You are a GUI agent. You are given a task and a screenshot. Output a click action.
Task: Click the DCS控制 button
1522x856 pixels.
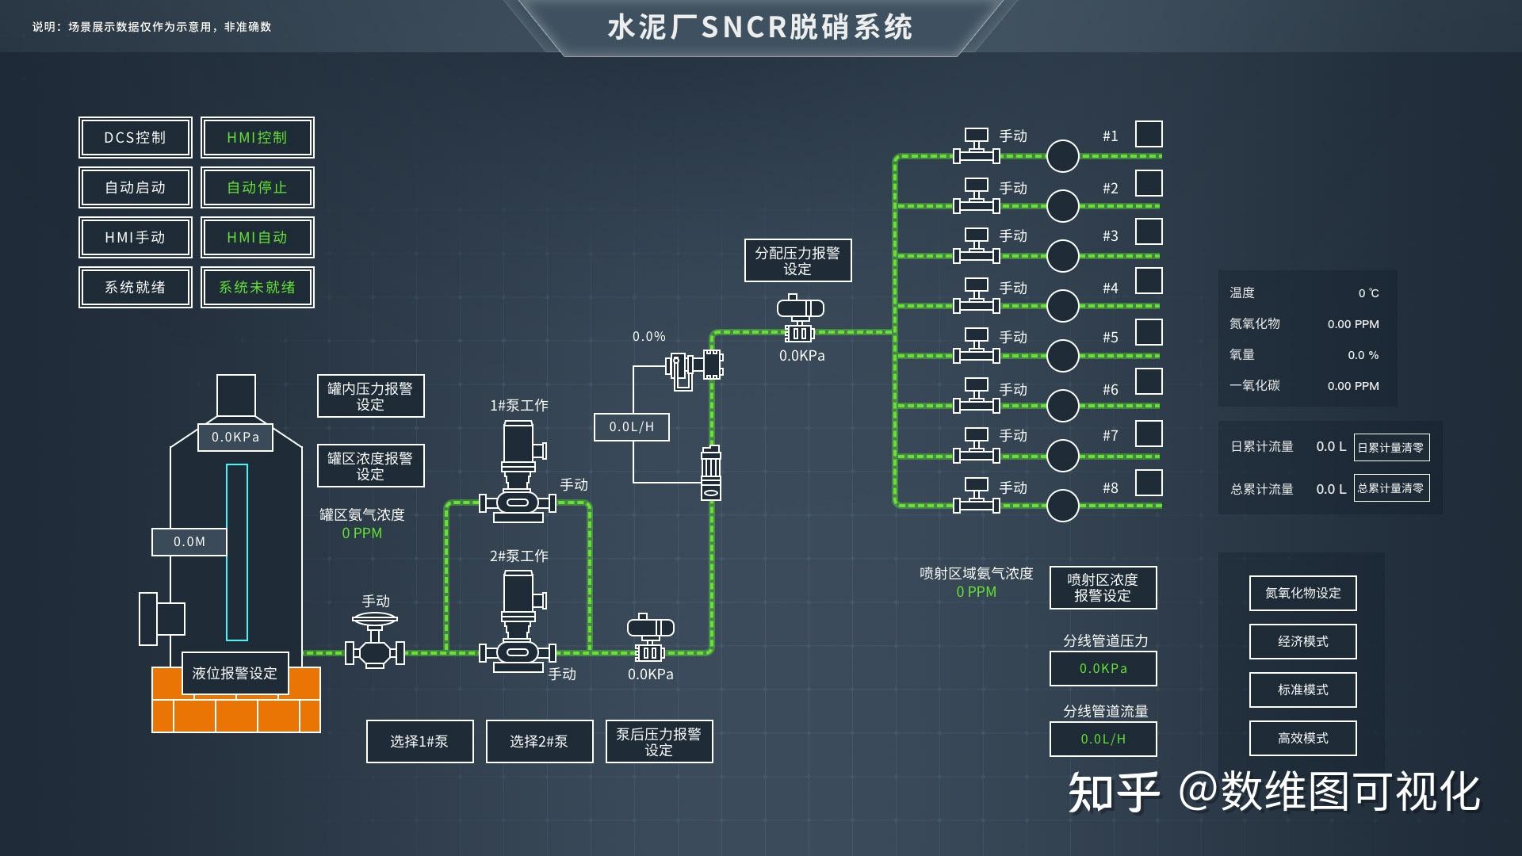(x=135, y=138)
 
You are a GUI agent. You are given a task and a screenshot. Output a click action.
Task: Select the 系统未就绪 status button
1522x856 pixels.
(x=257, y=287)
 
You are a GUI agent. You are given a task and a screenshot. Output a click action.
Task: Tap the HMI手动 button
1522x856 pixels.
(x=135, y=238)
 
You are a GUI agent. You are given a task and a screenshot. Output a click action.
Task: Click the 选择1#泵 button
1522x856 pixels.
(x=419, y=742)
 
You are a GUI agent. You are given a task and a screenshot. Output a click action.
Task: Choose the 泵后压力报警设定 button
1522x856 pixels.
(x=659, y=742)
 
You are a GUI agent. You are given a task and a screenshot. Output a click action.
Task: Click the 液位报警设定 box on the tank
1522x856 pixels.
(x=235, y=674)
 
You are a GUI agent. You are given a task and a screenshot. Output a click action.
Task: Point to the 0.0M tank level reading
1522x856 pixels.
(x=189, y=542)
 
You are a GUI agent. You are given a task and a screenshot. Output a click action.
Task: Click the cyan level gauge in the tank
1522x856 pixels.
(x=237, y=552)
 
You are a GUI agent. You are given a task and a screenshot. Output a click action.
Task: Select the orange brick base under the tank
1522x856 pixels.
(x=236, y=709)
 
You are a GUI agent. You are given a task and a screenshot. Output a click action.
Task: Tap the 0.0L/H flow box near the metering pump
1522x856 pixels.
(x=632, y=427)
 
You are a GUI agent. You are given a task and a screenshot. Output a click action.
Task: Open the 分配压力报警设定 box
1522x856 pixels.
(x=797, y=261)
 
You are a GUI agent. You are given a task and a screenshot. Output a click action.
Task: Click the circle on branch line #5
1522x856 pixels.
(x=1062, y=356)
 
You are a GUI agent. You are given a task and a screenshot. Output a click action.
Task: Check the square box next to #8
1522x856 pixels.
(x=1149, y=483)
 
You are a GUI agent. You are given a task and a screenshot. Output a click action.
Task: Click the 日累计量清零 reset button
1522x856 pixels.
(x=1391, y=448)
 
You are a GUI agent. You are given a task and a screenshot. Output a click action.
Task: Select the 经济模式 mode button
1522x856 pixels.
(x=1302, y=641)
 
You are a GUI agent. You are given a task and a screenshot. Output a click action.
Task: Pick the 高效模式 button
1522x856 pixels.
(x=1302, y=738)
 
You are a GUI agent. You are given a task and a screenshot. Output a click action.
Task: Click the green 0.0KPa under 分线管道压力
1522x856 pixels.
(x=1103, y=669)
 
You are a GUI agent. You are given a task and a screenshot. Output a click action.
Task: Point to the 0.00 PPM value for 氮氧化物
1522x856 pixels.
(x=1352, y=324)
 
